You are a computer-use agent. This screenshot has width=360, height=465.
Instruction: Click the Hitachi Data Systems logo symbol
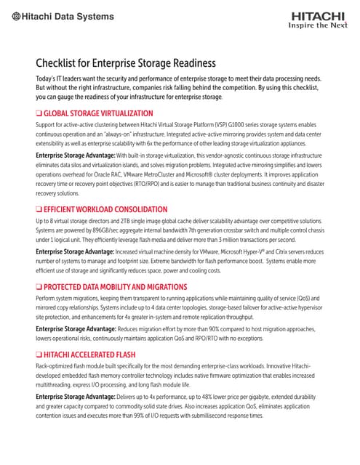(17, 17)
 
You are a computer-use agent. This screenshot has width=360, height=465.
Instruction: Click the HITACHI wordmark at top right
(319, 15)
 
